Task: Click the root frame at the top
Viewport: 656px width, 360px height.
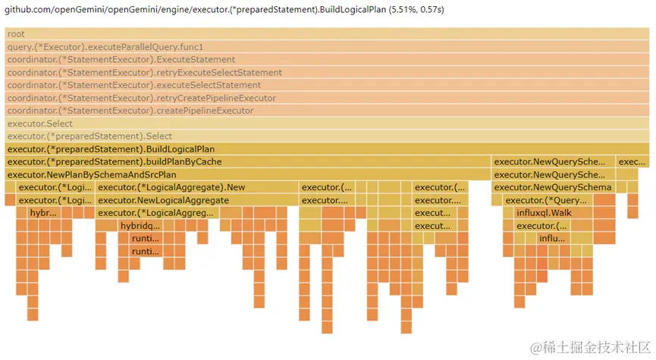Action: coord(327,34)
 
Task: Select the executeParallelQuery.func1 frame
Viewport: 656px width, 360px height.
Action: coord(327,47)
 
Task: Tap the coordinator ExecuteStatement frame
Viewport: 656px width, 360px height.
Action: coord(327,60)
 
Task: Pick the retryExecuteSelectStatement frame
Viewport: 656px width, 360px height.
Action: coord(327,73)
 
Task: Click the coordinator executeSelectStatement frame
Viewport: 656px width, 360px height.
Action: coord(327,86)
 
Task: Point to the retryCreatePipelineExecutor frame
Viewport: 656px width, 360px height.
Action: coord(327,99)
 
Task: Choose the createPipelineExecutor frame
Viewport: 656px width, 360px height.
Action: coord(327,111)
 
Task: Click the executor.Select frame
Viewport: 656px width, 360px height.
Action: coord(327,124)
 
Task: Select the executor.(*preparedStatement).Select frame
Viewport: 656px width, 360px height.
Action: coord(327,136)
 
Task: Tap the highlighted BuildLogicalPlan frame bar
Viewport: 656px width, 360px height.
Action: coord(327,149)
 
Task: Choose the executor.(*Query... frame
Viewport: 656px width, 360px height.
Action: coord(547,201)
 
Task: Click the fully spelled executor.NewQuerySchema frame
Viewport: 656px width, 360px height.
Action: coord(552,188)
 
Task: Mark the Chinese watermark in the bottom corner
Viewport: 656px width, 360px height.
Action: coord(590,348)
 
